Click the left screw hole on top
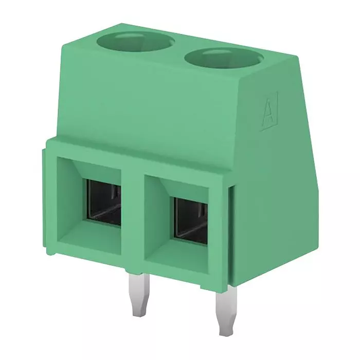click(x=135, y=41)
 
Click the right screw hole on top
click(x=224, y=59)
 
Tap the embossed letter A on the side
click(x=269, y=112)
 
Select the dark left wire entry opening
click(x=103, y=203)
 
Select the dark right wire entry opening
click(x=191, y=221)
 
